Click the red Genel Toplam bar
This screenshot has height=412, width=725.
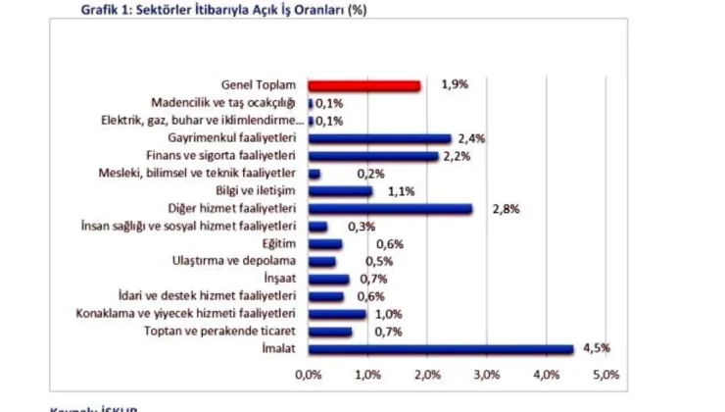pos(364,86)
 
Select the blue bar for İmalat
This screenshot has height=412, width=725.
pos(441,348)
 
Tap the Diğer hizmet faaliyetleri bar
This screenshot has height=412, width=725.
pos(390,209)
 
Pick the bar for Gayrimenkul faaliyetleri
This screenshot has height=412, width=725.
pos(379,139)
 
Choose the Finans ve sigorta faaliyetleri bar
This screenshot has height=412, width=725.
pos(373,157)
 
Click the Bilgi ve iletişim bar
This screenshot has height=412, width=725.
pos(340,191)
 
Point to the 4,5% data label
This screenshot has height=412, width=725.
pos(597,348)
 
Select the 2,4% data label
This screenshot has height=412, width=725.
pos(471,139)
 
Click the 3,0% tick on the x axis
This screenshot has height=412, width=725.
pos(487,375)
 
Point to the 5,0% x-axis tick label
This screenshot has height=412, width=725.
pos(605,375)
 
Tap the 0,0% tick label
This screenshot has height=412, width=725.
pos(309,375)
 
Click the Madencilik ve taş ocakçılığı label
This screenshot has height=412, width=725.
pos(223,103)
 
